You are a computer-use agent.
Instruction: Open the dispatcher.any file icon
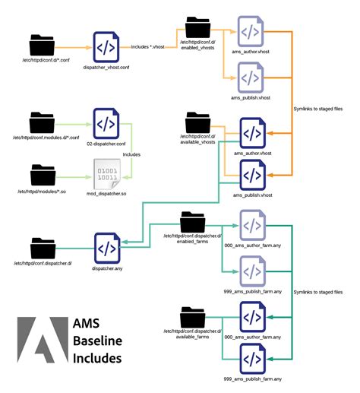105,248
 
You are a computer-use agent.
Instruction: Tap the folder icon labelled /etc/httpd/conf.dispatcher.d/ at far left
44,248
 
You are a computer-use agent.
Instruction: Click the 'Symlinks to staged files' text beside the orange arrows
317,109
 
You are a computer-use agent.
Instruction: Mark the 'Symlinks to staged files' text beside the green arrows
317,293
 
